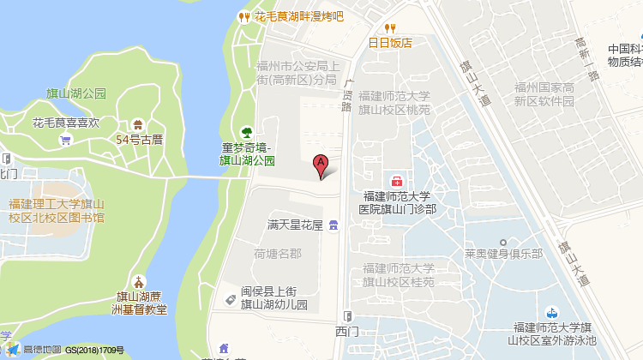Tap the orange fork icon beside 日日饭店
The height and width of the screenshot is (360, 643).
pos(388,27)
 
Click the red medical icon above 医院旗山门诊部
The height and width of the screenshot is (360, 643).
pos(398,181)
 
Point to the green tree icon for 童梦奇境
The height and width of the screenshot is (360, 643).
pos(246,131)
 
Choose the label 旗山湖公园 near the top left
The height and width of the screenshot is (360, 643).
pos(76,93)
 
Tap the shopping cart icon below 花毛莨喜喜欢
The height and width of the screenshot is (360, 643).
pos(65,141)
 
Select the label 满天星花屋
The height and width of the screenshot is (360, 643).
pos(294,225)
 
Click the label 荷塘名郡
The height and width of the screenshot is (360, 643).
pos(278,254)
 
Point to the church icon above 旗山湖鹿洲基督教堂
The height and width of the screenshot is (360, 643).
pos(139,282)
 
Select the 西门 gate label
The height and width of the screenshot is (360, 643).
pos(347,330)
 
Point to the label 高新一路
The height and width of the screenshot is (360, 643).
pos(587,60)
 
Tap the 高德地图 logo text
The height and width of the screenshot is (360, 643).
pos(42,350)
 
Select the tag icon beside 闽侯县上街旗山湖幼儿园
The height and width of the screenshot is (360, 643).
pos(230,299)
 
